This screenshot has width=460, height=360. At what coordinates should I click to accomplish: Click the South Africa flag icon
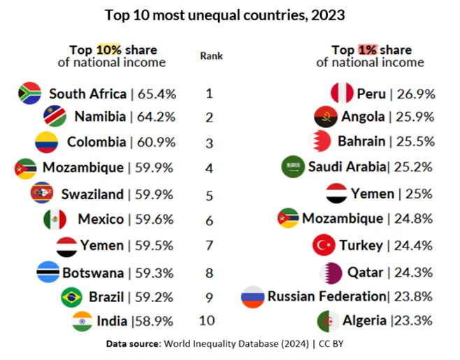(30, 93)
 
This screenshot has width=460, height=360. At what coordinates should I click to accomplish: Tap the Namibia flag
(55, 116)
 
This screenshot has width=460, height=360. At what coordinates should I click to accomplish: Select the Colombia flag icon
(47, 143)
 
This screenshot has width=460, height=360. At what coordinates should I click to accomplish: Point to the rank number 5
(209, 195)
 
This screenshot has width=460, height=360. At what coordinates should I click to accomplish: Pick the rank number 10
(209, 321)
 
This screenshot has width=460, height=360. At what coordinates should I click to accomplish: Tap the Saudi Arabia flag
(293, 166)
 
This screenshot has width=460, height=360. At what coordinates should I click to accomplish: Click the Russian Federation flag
(252, 296)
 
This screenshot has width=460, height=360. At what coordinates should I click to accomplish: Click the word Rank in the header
(211, 55)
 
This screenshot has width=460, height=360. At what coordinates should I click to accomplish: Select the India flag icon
(82, 322)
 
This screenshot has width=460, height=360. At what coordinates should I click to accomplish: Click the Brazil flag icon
(72, 297)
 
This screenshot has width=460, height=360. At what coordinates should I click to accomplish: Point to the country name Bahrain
(361, 141)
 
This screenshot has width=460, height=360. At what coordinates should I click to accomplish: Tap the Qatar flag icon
(331, 272)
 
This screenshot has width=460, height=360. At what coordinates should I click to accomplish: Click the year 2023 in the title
(327, 14)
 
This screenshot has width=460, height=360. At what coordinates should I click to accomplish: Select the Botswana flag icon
(48, 272)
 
